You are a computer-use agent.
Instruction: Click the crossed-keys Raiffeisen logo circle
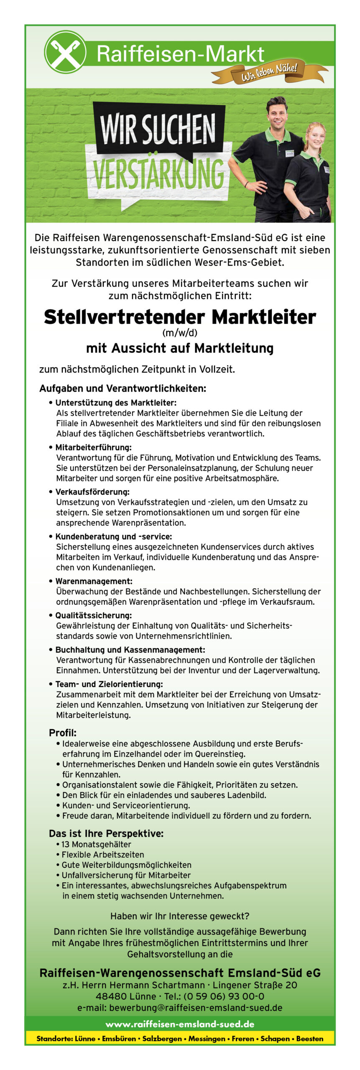pyautogui.click(x=65, y=52)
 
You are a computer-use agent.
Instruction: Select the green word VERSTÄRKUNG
pyautogui.click(x=158, y=174)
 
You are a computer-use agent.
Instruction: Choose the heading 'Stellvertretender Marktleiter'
pyautogui.click(x=180, y=317)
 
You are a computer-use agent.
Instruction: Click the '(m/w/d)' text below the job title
pyautogui.click(x=180, y=333)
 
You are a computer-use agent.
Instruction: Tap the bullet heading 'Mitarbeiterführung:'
pyautogui.click(x=93, y=448)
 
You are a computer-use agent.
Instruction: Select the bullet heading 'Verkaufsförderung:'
pyautogui.click(x=92, y=492)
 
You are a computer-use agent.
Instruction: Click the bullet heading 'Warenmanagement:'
pyautogui.click(x=94, y=581)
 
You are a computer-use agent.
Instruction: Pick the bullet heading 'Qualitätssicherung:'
pyautogui.click(x=93, y=616)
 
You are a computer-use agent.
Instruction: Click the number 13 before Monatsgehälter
pyautogui.click(x=66, y=844)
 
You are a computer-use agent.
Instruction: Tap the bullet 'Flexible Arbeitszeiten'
pyautogui.click(x=103, y=855)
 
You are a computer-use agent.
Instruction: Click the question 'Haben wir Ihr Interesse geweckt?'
pyautogui.click(x=180, y=916)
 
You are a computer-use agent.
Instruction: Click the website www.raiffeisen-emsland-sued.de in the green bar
pyautogui.click(x=180, y=1024)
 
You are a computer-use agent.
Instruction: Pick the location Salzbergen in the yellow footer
pyautogui.click(x=162, y=1039)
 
